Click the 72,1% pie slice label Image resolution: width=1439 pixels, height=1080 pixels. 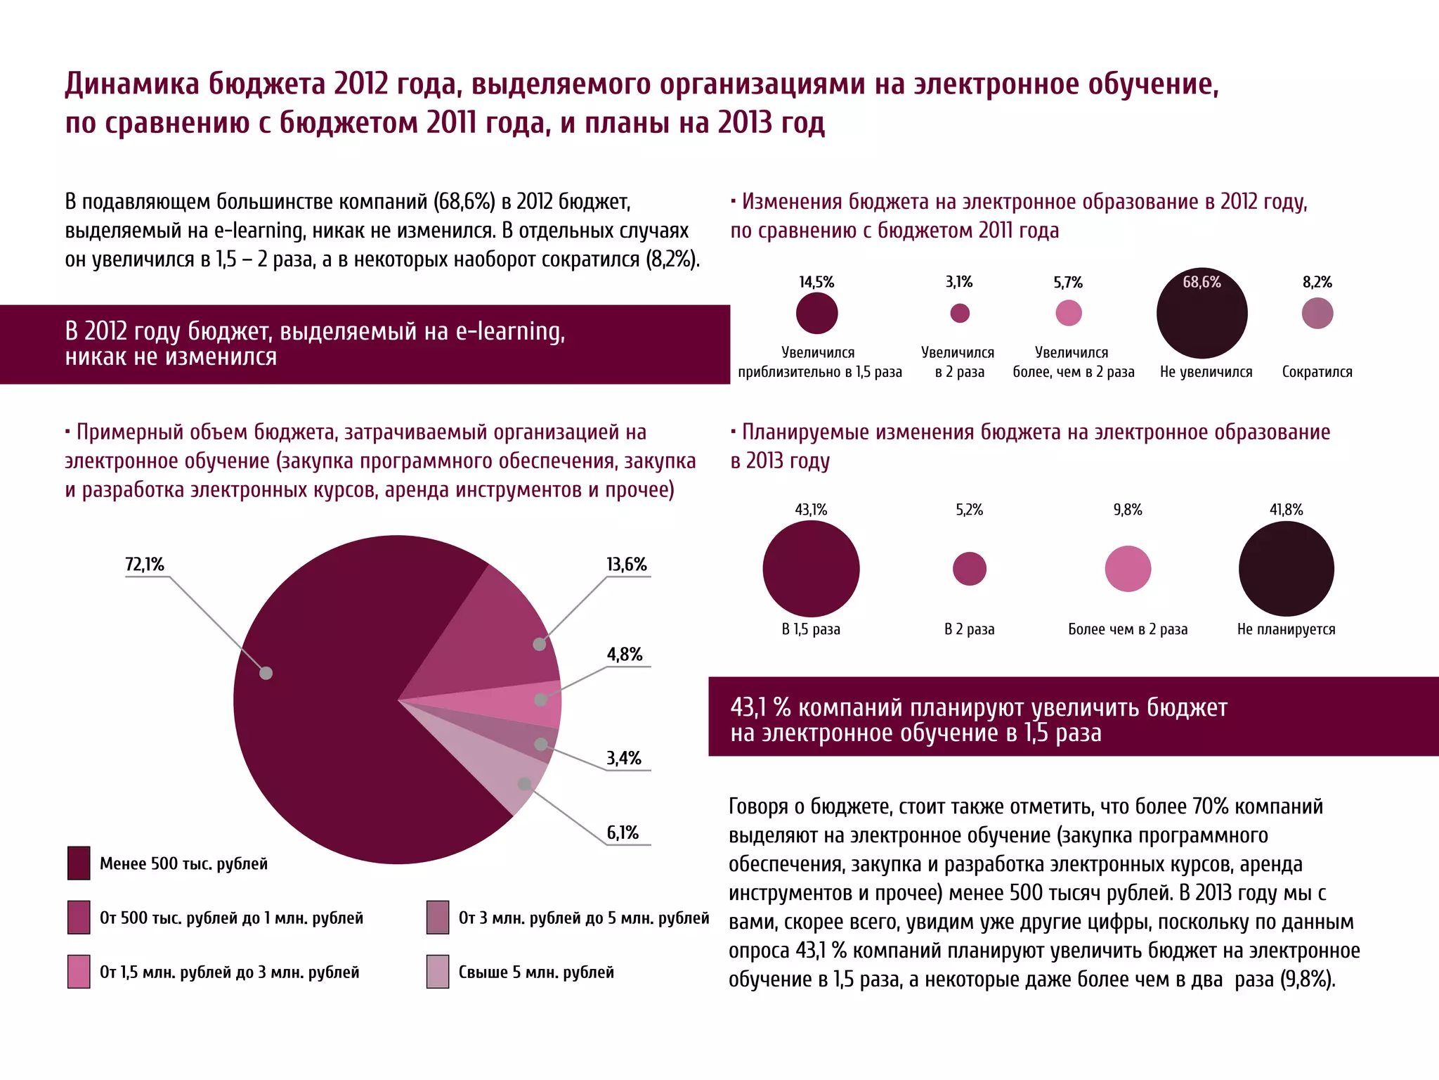[x=144, y=565]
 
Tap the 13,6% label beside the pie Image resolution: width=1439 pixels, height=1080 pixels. [x=626, y=565]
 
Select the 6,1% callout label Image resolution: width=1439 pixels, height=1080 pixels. [x=623, y=833]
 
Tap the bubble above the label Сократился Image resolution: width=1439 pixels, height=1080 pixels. [x=1317, y=314]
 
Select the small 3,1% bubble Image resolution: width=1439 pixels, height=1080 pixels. [x=960, y=313]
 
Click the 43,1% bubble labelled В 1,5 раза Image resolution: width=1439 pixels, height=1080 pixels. [x=811, y=569]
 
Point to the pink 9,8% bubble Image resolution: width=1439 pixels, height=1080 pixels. [x=1128, y=569]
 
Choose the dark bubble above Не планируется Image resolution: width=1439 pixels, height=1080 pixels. [x=1286, y=569]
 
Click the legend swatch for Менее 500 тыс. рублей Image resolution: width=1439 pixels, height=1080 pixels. [x=79, y=863]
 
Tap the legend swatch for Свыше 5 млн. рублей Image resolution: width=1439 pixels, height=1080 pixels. [x=438, y=972]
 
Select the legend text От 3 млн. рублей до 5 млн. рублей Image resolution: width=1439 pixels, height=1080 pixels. [x=583, y=918]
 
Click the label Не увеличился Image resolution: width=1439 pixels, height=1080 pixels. [x=1206, y=372]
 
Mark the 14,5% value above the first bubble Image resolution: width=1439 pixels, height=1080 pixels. [x=816, y=283]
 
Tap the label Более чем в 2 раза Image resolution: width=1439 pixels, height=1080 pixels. [x=1128, y=629]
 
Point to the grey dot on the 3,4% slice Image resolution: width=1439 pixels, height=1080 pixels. [x=541, y=744]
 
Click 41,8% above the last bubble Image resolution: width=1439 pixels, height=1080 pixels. [x=1286, y=510]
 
